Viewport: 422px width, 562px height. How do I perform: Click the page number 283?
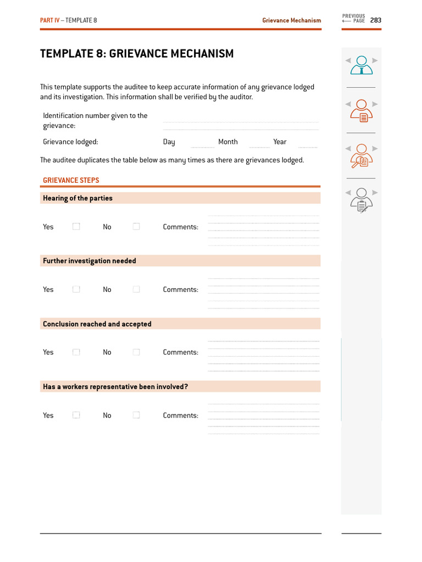pyautogui.click(x=375, y=20)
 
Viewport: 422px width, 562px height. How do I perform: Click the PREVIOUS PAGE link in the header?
pyautogui.click(x=353, y=19)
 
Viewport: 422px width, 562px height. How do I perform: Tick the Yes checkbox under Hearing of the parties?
pyautogui.click(x=76, y=227)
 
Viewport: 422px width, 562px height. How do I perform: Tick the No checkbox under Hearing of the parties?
pyautogui.click(x=136, y=227)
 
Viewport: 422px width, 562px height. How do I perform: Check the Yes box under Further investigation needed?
pyautogui.click(x=76, y=289)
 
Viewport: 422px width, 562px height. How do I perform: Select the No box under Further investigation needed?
pyautogui.click(x=136, y=289)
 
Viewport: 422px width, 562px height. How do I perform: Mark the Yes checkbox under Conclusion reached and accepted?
pyautogui.click(x=76, y=352)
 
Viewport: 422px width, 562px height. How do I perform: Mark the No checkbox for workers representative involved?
pyautogui.click(x=136, y=415)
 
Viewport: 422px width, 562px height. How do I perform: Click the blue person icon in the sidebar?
pyautogui.click(x=361, y=65)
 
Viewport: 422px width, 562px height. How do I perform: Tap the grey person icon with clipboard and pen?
pyautogui.click(x=361, y=200)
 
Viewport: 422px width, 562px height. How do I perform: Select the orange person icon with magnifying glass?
pyautogui.click(x=361, y=156)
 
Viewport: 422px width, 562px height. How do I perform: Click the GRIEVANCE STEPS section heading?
pyautogui.click(x=71, y=181)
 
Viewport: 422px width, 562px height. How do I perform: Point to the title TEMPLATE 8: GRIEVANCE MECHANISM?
pyautogui.click(x=137, y=54)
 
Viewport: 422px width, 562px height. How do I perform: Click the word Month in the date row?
pyautogui.click(x=228, y=142)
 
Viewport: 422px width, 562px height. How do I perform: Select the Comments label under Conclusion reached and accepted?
pyautogui.click(x=180, y=352)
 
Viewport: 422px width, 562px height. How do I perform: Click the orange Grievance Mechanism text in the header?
pyautogui.click(x=291, y=20)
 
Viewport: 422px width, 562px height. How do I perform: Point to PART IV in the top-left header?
pyautogui.click(x=49, y=20)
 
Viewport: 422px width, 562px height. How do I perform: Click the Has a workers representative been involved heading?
pyautogui.click(x=115, y=387)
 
